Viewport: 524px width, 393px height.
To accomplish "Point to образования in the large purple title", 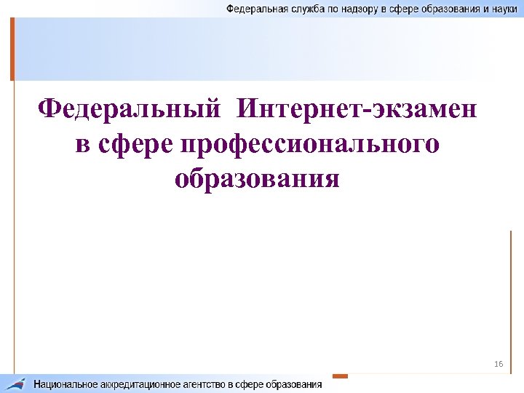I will pos(257,178).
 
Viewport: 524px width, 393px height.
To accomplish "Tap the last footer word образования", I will pos(295,384).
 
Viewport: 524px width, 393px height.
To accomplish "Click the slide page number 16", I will pos(498,363).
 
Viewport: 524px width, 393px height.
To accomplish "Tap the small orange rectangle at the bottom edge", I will pos(340,376).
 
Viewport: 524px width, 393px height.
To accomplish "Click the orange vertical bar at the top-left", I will pos(12,48).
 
